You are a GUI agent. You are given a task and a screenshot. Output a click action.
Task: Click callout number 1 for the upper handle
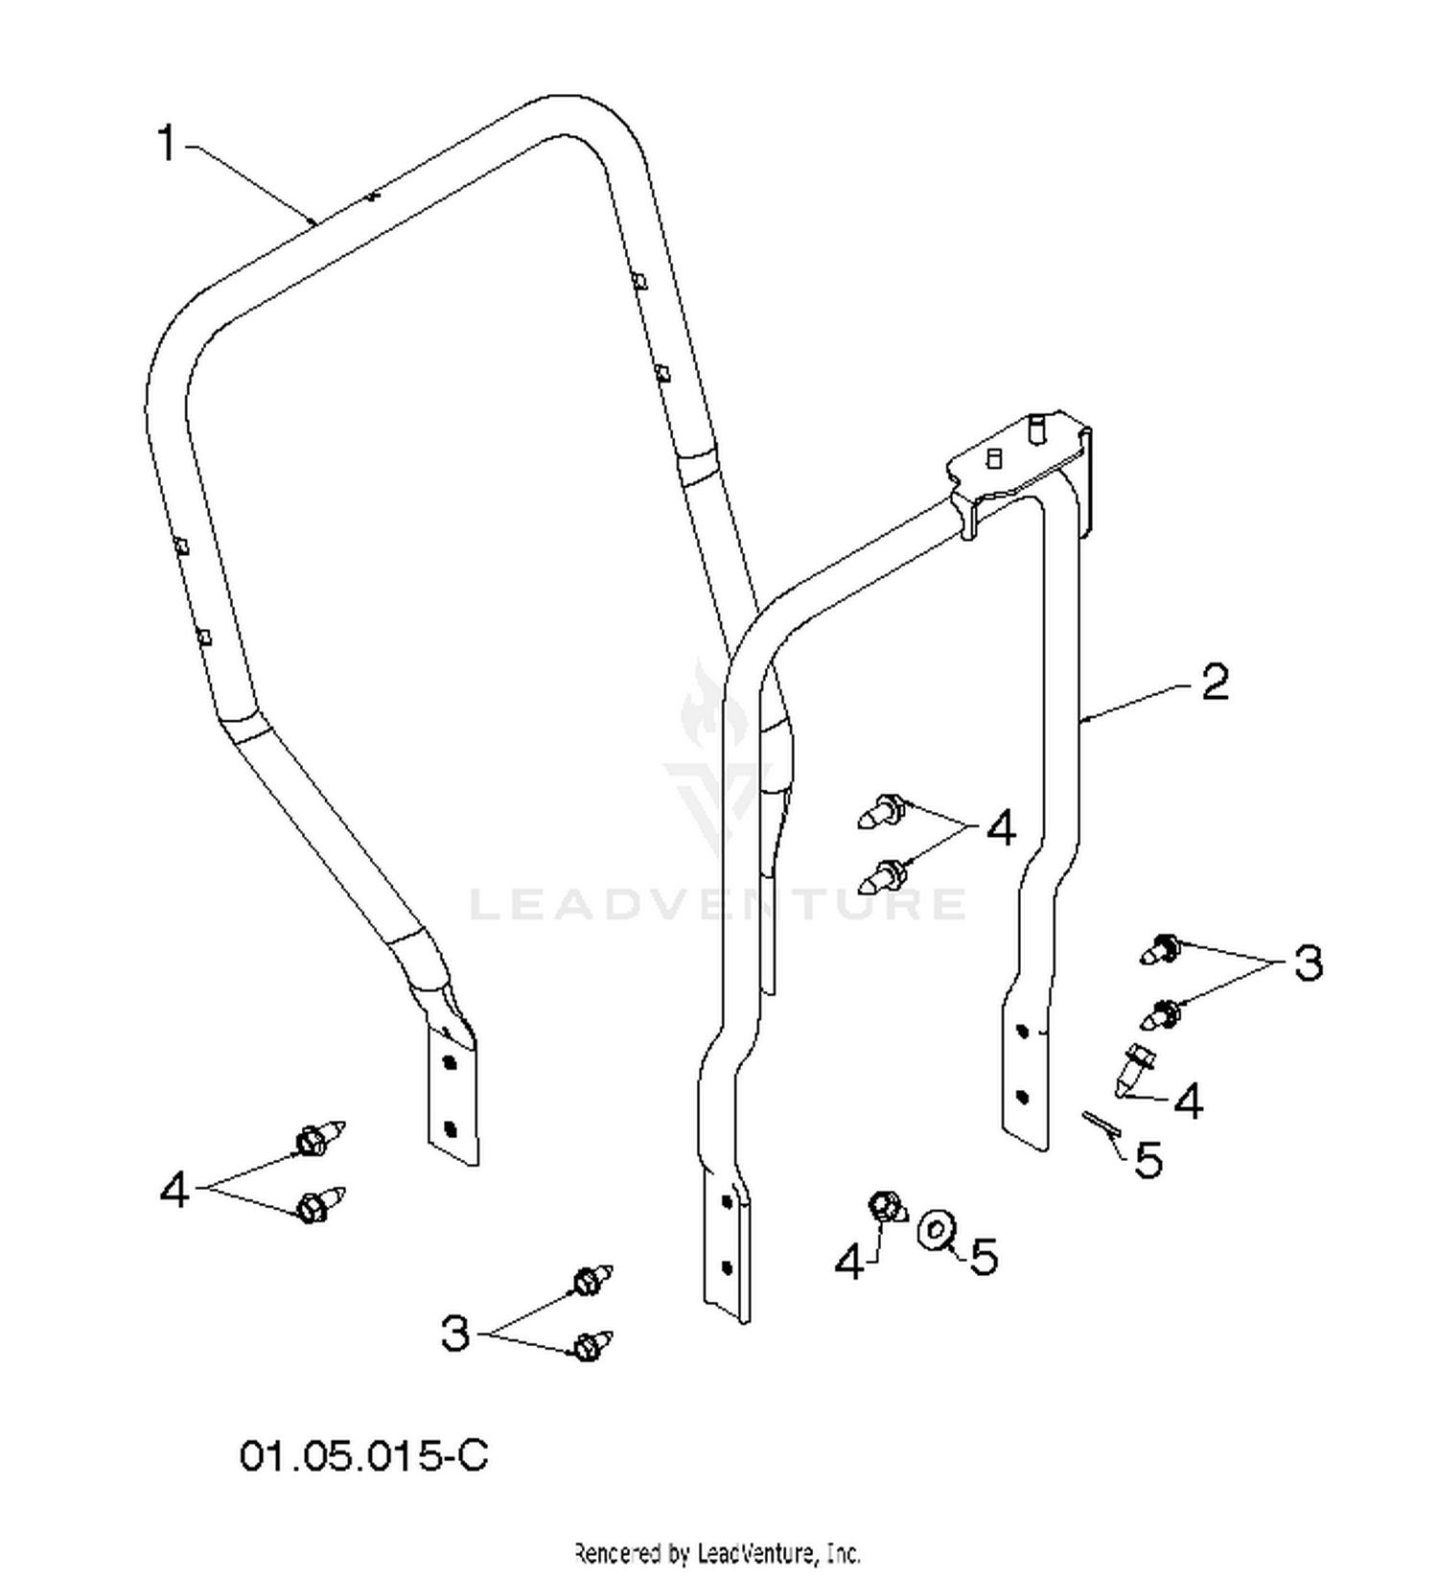pyautogui.click(x=167, y=144)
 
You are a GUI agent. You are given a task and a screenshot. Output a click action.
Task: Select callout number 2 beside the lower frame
pyautogui.click(x=1215, y=683)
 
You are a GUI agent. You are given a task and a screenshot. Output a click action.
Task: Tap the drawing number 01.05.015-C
pyautogui.click(x=364, y=1455)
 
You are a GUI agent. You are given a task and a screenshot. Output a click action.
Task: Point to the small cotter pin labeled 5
pyautogui.click(x=1102, y=1125)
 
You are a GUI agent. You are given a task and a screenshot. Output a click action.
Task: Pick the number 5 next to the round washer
pyautogui.click(x=984, y=1256)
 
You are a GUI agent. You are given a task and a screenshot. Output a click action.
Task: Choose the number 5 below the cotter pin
pyautogui.click(x=1148, y=1159)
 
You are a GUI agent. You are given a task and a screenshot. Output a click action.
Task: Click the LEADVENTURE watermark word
pyautogui.click(x=718, y=904)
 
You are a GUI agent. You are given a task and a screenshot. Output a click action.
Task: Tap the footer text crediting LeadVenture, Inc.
pyautogui.click(x=717, y=1552)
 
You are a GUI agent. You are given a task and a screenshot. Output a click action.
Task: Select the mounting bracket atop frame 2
pyautogui.click(x=1022, y=465)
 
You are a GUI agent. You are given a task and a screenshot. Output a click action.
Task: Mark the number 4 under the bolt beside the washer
pyautogui.click(x=849, y=1262)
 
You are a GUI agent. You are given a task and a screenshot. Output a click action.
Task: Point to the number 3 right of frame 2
pyautogui.click(x=1308, y=962)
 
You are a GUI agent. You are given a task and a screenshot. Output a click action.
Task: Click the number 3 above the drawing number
pyautogui.click(x=455, y=1332)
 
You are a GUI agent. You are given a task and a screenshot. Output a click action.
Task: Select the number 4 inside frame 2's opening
pyautogui.click(x=1000, y=827)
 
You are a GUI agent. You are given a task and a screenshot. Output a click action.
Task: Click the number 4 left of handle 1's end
pyautogui.click(x=174, y=1192)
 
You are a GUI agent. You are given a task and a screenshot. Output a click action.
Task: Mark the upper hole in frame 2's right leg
pyautogui.click(x=1022, y=1032)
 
